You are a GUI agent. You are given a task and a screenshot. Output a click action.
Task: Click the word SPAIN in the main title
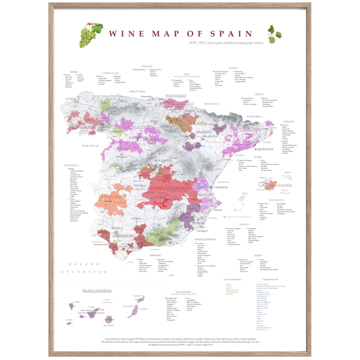(231, 34)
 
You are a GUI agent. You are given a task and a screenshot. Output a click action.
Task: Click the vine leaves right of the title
(274, 34)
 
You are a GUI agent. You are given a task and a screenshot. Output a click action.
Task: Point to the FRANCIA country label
(211, 104)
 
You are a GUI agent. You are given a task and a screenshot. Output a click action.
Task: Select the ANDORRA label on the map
(254, 116)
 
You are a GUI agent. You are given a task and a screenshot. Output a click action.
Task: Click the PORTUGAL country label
(91, 146)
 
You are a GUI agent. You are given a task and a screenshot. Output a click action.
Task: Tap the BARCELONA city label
(264, 149)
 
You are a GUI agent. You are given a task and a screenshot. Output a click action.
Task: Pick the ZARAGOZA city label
(209, 136)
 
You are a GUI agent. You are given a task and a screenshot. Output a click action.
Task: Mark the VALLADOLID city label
(138, 137)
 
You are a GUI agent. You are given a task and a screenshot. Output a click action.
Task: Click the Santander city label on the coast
(146, 97)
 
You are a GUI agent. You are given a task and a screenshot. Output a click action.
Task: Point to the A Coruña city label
(71, 99)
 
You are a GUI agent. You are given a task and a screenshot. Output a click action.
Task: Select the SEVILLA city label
(117, 228)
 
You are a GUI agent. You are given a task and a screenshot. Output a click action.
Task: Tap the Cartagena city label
(202, 231)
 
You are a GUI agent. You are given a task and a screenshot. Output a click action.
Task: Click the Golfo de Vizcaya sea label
(137, 91)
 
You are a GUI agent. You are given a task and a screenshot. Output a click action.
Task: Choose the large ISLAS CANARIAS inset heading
(97, 291)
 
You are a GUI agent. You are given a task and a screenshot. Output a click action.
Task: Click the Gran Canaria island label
(108, 325)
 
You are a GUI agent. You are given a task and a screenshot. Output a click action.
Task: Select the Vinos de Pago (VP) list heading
(270, 279)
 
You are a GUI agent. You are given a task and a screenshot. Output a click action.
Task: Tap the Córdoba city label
(136, 218)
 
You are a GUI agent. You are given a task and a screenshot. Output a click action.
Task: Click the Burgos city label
(154, 121)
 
